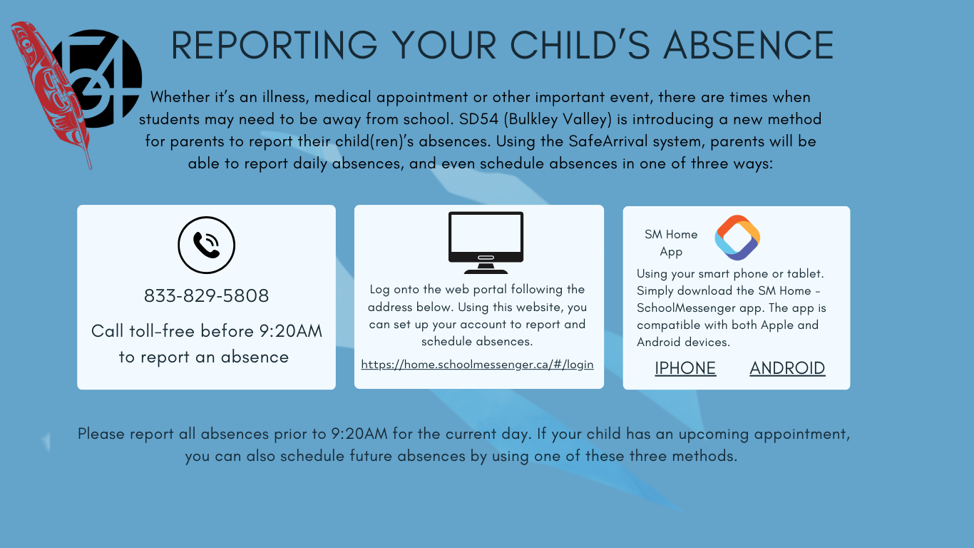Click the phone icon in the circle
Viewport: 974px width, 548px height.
(207, 245)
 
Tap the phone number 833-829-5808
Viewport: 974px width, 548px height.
(207, 296)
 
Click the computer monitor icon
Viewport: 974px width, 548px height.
(486, 243)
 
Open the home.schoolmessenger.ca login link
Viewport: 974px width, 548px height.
(478, 365)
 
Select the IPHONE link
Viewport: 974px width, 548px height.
(685, 368)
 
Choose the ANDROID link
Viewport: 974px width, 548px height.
(787, 368)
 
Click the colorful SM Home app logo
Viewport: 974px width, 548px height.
(737, 238)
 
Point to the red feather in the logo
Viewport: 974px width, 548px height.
(52, 93)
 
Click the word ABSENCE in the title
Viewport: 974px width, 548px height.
(749, 45)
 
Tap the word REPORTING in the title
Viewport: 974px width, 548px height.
(275, 45)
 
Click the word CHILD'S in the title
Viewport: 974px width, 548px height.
(580, 45)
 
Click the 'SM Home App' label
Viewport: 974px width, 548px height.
(671, 243)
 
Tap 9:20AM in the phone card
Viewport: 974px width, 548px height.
(291, 331)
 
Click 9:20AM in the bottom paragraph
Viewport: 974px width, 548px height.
(359, 434)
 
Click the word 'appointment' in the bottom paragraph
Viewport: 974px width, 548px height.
(806, 435)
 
